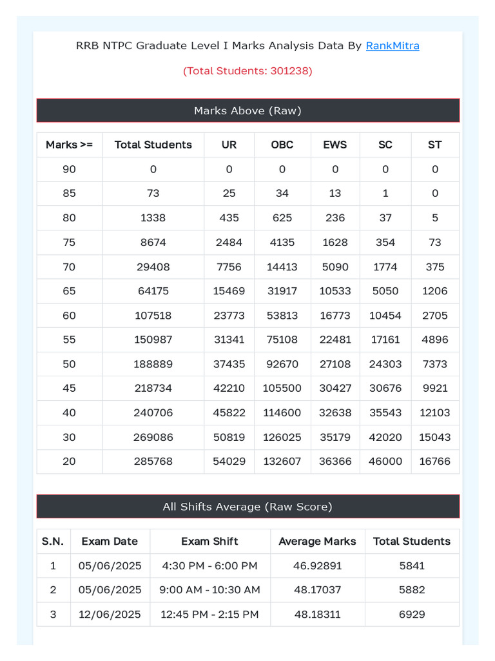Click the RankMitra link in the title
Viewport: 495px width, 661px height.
[393, 46]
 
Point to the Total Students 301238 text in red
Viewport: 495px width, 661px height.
[247, 71]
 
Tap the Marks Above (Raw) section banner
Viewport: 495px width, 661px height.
[247, 110]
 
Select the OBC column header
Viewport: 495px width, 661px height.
[282, 145]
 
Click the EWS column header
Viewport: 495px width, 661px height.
[335, 145]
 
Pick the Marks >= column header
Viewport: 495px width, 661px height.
[69, 145]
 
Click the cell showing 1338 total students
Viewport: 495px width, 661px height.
[153, 218]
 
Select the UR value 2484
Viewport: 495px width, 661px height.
[229, 242]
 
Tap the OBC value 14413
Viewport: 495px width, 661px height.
[282, 267]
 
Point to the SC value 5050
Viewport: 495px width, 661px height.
[385, 291]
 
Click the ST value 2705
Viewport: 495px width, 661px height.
[435, 316]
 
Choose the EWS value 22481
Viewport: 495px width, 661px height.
[335, 340]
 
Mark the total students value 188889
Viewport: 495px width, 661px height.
[153, 364]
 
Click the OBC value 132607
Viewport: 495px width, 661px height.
[282, 462]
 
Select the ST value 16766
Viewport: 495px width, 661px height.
[435, 462]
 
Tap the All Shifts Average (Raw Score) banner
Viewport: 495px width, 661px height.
[247, 507]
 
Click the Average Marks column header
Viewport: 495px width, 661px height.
[317, 542]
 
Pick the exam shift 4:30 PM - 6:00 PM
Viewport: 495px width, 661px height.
[210, 566]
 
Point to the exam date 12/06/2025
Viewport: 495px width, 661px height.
[110, 615]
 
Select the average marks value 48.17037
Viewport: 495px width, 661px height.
[317, 590]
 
